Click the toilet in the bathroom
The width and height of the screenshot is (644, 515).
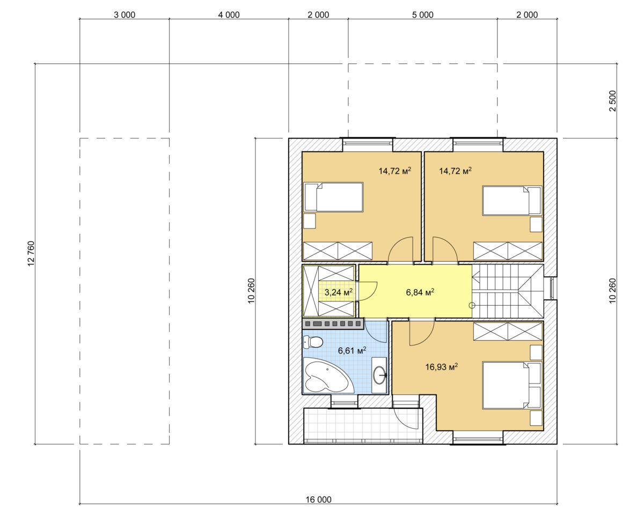313,342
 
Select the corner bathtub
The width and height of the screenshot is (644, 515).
328,376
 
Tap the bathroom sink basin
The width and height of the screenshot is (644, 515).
379,375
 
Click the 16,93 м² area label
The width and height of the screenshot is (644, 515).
441,367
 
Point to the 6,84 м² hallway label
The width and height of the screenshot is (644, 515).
420,292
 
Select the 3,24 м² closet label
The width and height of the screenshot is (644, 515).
339,292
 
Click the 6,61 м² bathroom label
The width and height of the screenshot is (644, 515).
352,350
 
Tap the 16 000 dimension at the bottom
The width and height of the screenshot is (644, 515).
318,499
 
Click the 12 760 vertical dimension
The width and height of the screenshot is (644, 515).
31,253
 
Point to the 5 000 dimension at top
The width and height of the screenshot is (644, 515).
422,14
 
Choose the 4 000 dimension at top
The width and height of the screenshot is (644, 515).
229,14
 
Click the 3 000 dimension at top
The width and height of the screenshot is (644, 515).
125,14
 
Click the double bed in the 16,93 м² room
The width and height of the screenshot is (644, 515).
513,385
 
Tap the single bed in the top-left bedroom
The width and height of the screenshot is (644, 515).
333,197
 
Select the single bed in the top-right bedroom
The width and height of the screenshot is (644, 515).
513,201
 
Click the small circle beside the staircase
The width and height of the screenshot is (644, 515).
472,305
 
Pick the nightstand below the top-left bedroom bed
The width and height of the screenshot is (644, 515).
310,221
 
